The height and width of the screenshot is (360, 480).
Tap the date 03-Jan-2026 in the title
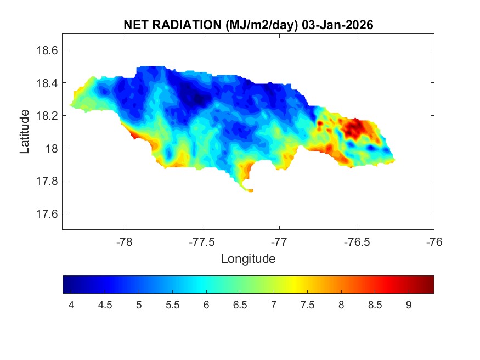pyautogui.click(x=338, y=25)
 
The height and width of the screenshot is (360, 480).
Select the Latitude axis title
pyautogui.click(x=25, y=131)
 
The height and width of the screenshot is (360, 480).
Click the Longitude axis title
pyautogui.click(x=248, y=258)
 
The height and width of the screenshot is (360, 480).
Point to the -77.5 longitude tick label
pyautogui.click(x=202, y=241)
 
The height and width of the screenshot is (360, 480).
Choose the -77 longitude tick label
pyautogui.click(x=279, y=241)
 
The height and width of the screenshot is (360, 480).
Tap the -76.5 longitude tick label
pyautogui.click(x=357, y=241)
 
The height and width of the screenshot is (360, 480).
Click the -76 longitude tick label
pyautogui.click(x=434, y=241)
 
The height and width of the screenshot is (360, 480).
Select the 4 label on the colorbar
pyautogui.click(x=71, y=305)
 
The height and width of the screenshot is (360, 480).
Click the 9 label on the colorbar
pyautogui.click(x=409, y=305)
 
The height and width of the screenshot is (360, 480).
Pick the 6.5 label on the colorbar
pyautogui.click(x=240, y=305)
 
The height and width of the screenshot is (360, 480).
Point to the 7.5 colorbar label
pyautogui.click(x=307, y=305)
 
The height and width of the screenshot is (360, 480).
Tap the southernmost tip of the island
pyautogui.click(x=250, y=190)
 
